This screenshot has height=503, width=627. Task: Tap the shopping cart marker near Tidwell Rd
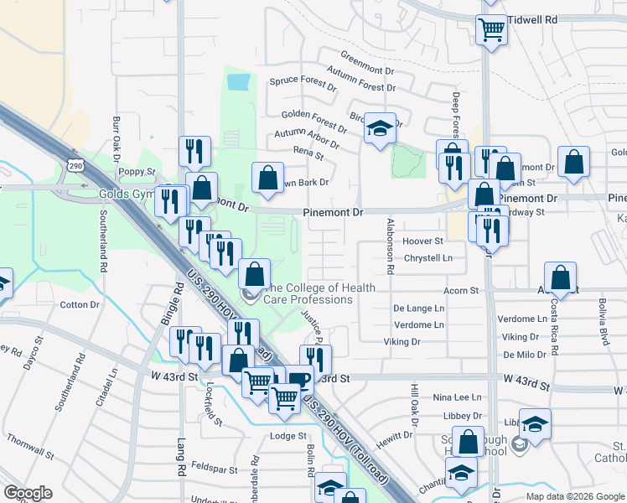pyautogui.click(x=491, y=29)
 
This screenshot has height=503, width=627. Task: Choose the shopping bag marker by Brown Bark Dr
pyautogui.click(x=267, y=178)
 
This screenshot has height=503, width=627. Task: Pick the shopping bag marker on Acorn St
pyautogui.click(x=560, y=277)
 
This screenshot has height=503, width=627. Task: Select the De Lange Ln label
pyautogui.click(x=419, y=309)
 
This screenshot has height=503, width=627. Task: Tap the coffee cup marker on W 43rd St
pyautogui.click(x=299, y=379)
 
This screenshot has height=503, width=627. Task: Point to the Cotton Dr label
pyautogui.click(x=80, y=305)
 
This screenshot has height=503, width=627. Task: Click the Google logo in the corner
pyautogui.click(x=28, y=492)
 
